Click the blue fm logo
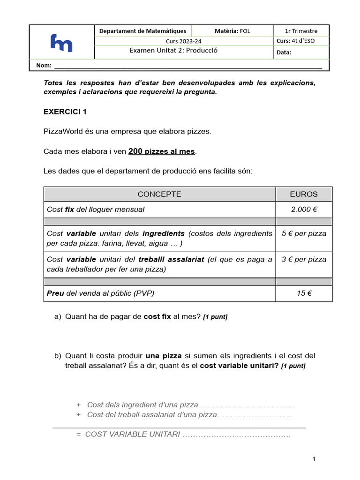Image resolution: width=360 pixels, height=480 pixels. coord(61,43)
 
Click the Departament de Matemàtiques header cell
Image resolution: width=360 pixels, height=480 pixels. coord(142,31)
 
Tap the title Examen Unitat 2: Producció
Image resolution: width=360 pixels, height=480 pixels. coord(173,51)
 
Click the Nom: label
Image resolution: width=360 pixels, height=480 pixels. coord(44,66)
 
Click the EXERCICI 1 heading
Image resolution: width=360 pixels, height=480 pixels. coord(65,112)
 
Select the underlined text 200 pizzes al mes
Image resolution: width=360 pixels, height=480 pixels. coord(161,151)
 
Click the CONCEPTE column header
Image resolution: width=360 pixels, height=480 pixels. coord(159,194)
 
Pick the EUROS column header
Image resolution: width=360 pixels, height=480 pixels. coord(303,194)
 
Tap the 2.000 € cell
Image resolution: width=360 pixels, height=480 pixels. coord(304,210)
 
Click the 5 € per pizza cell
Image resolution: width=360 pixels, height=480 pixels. coord(304,233)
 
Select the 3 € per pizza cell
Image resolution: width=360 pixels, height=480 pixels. coord(304,259)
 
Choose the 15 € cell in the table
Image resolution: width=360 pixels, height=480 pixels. coord(304,293)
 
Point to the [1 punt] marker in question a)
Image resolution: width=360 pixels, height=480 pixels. coord(215,317)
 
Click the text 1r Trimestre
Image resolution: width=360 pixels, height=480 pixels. coord(301,31)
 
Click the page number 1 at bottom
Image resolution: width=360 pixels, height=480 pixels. coord(315,459)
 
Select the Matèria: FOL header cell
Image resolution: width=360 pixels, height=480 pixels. coord(232,31)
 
